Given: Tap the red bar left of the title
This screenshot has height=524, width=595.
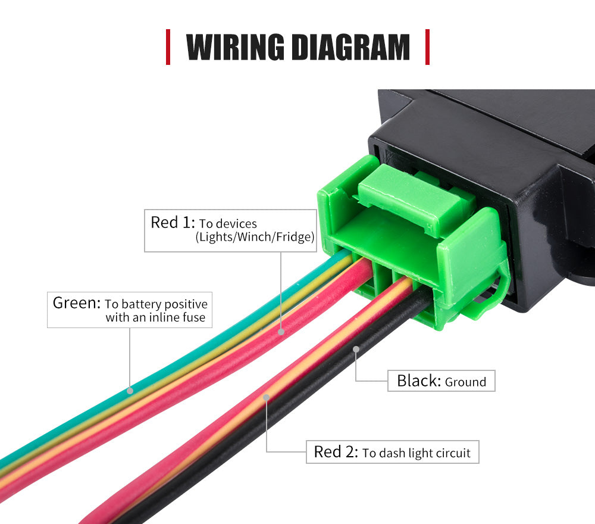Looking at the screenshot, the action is (x=168, y=47).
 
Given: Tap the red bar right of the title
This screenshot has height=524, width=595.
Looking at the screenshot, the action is (x=427, y=47).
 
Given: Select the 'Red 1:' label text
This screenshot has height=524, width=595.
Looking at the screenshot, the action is (x=173, y=223).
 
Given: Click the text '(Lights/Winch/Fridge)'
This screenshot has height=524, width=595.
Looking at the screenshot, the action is (x=255, y=237).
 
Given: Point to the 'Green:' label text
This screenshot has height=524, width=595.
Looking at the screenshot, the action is (x=77, y=303).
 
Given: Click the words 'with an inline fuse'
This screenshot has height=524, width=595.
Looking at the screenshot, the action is (x=155, y=317).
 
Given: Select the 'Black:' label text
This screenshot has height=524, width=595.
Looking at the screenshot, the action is (x=419, y=381).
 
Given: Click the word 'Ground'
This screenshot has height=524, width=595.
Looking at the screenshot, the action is (x=466, y=382).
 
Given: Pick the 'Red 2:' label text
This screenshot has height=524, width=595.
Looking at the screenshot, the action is (x=336, y=452).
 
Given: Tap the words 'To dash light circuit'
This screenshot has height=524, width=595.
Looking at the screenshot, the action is (x=416, y=453).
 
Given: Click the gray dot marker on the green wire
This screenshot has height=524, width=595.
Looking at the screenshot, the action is (x=130, y=391).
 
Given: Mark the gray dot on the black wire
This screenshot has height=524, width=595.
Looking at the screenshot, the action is (x=356, y=349).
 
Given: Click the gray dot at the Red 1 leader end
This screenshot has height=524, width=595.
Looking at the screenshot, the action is (x=281, y=332).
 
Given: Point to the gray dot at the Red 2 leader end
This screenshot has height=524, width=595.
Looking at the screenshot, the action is (x=267, y=397).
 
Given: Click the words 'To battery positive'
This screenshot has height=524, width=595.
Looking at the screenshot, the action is (x=156, y=304).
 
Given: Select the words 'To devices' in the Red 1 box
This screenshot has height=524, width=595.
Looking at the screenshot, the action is (x=228, y=224).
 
